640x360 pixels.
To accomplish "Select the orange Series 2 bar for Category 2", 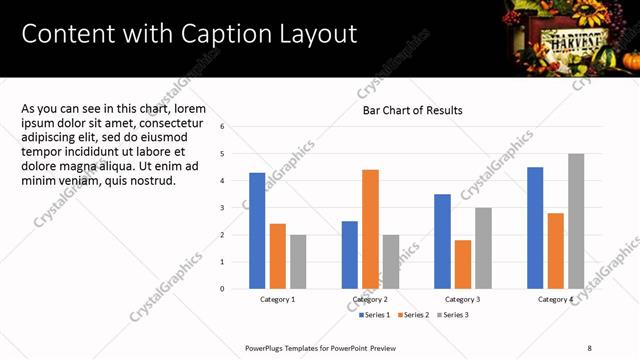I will [x=370, y=229].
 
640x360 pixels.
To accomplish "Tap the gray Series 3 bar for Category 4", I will [x=576, y=221].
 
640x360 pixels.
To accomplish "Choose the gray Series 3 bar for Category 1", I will [x=298, y=262].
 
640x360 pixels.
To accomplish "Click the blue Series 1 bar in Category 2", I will [x=350, y=255].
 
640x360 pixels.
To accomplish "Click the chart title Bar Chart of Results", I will [x=412, y=110].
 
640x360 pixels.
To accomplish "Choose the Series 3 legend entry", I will [x=452, y=315].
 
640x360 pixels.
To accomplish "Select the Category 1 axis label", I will [x=277, y=299].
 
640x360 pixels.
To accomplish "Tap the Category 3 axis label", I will [x=463, y=299].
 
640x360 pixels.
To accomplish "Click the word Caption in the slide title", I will [x=222, y=34].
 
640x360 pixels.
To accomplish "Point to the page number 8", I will [x=590, y=348].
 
